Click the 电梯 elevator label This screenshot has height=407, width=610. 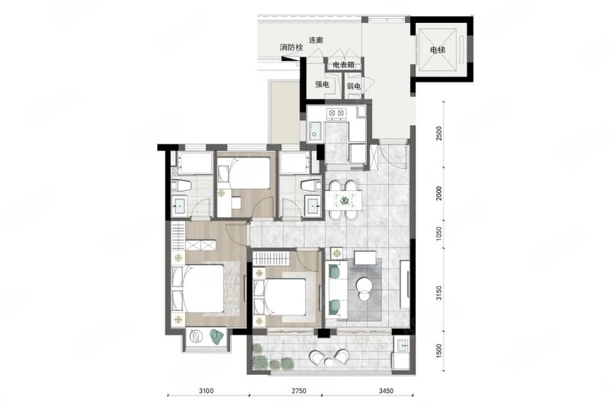(437, 50)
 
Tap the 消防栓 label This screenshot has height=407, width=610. (291, 47)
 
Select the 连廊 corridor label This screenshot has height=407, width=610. (316, 40)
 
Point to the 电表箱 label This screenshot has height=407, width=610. (344, 65)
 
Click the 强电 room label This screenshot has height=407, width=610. (322, 84)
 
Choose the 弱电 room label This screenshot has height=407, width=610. (354, 86)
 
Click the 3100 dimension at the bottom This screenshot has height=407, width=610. (206, 391)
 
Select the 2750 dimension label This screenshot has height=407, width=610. (298, 391)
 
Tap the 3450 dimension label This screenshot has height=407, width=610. (386, 391)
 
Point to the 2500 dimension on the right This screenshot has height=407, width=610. (439, 134)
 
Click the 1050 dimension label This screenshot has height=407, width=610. (439, 234)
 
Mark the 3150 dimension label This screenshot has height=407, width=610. (439, 293)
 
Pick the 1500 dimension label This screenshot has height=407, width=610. (439, 351)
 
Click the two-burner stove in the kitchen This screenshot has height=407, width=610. (336, 113)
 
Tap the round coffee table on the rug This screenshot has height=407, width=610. (364, 284)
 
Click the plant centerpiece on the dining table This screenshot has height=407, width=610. (344, 201)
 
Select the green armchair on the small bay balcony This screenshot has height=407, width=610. (217, 336)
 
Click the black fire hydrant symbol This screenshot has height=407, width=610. (288, 59)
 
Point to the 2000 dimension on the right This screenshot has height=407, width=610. (439, 193)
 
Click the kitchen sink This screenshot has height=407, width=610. (315, 131)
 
